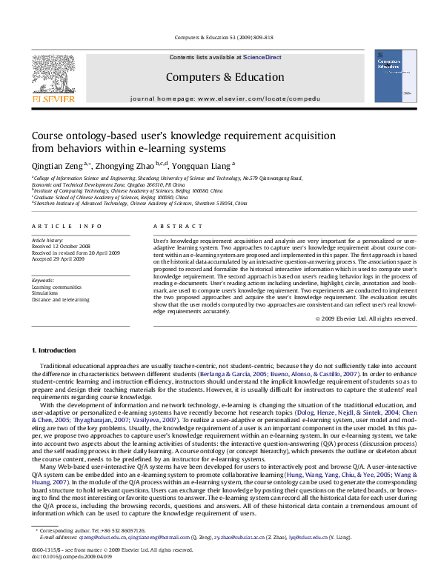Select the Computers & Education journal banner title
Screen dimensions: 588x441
coord(214,76)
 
